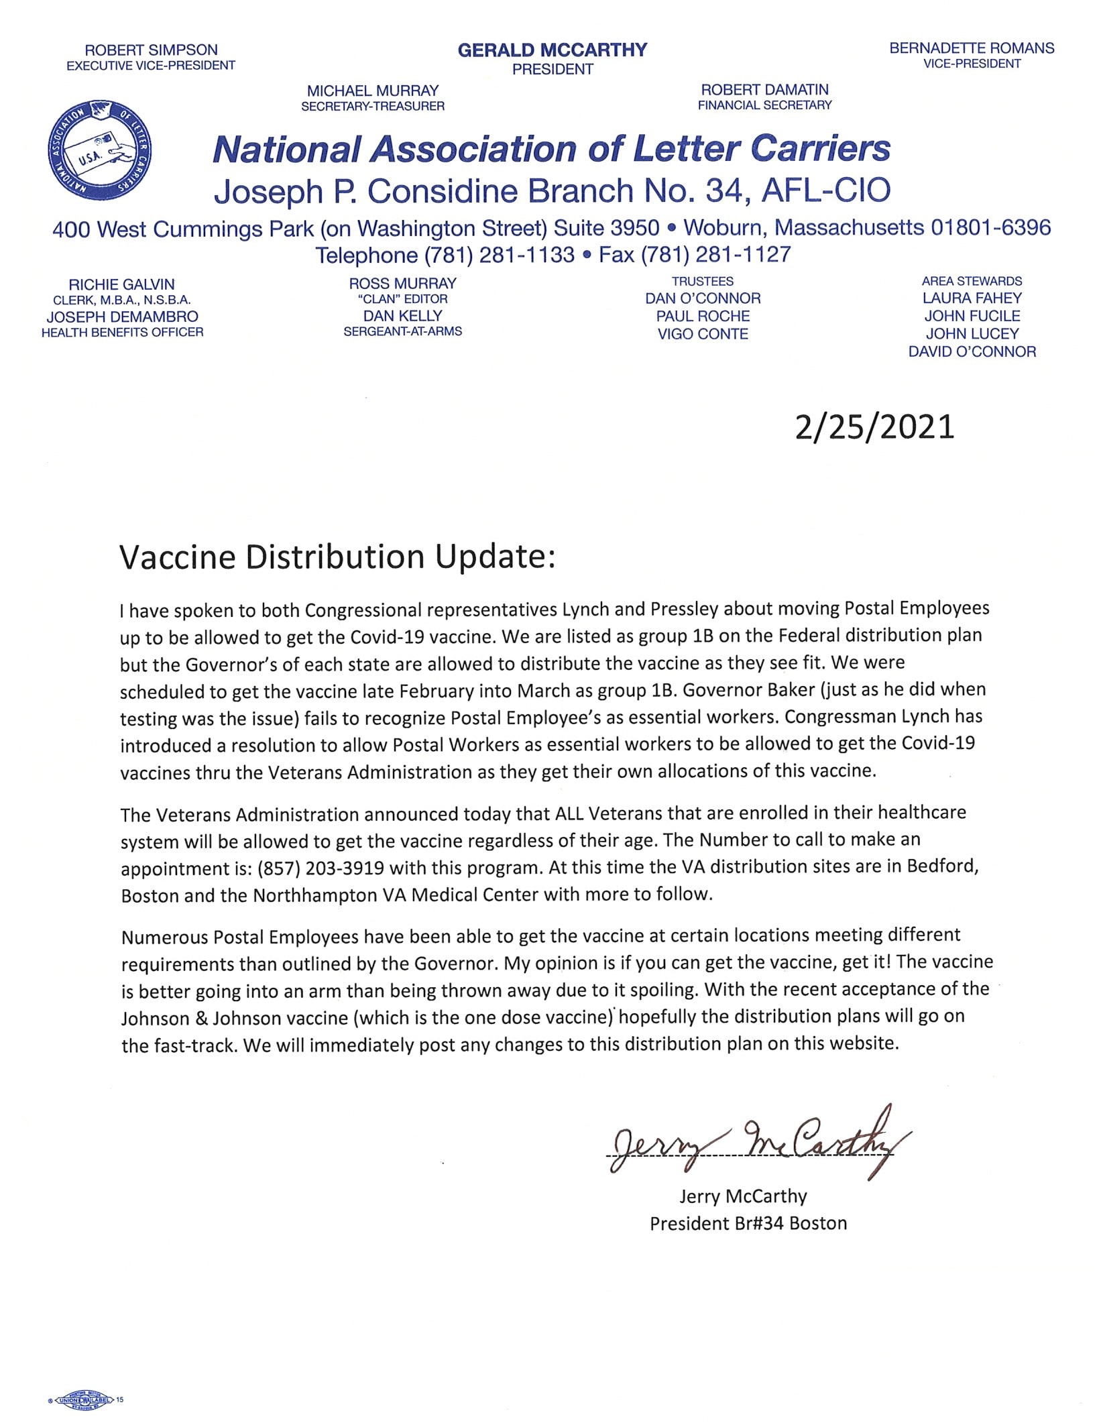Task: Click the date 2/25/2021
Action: click(x=874, y=427)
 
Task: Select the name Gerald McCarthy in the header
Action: click(x=553, y=50)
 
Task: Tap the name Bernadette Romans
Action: click(x=972, y=48)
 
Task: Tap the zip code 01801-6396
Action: click(x=990, y=228)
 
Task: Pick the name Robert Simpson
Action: click(x=151, y=50)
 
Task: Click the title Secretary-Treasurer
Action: click(x=373, y=106)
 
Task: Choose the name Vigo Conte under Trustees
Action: click(x=703, y=334)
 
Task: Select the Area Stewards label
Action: click(x=972, y=281)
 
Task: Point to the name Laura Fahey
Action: click(x=972, y=298)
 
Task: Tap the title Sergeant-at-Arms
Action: click(x=402, y=331)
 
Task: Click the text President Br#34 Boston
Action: click(x=748, y=1223)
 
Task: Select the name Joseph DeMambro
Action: click(x=123, y=317)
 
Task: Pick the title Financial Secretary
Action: click(x=764, y=105)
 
